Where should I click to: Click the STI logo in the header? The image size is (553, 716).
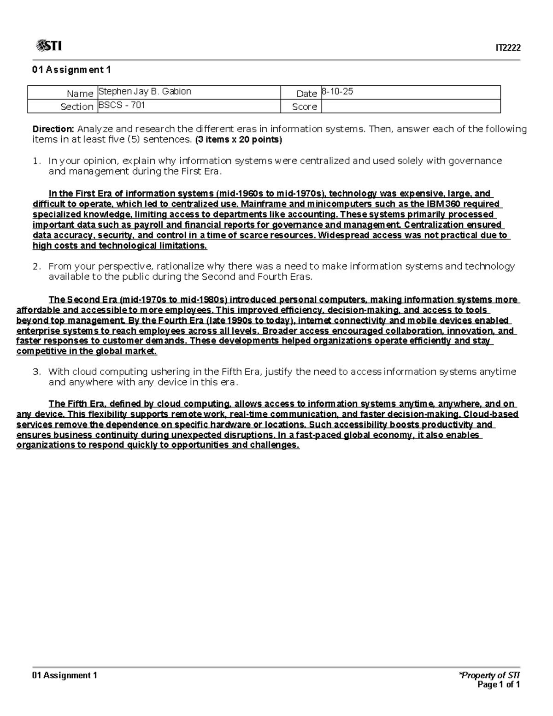(48, 46)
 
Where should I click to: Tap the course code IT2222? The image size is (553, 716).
(508, 48)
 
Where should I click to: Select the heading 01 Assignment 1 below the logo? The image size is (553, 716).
(71, 70)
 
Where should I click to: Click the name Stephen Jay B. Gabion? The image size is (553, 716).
(145, 91)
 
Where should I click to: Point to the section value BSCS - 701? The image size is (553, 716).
(122, 105)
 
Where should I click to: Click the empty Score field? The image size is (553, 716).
(410, 107)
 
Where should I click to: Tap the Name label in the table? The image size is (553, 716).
(80, 94)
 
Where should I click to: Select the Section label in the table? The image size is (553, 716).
(77, 107)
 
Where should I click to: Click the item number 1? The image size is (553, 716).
(37, 161)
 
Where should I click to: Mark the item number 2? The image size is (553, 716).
(37, 266)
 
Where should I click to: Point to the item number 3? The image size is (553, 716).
(37, 372)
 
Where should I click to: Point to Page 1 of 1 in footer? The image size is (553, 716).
(499, 685)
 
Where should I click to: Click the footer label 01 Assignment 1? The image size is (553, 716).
(65, 675)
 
